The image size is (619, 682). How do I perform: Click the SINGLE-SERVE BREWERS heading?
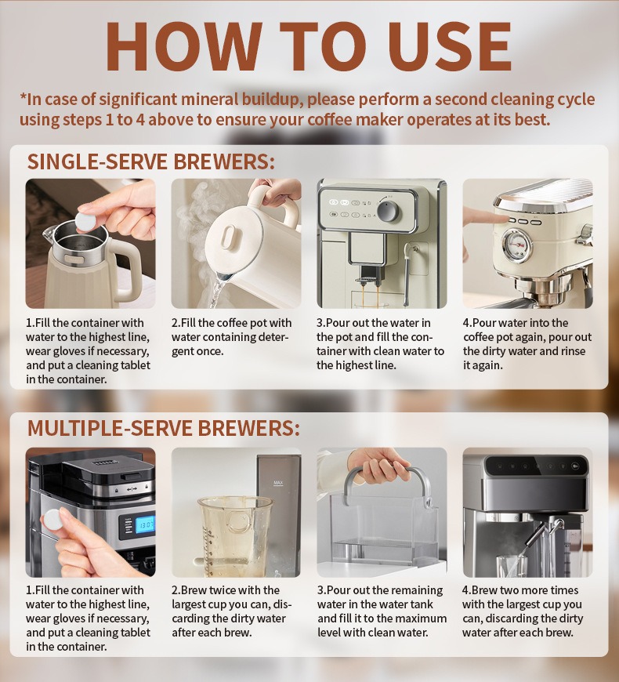click(151, 161)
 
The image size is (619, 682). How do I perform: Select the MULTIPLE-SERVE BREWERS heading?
click(164, 429)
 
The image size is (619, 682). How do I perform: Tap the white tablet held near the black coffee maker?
click(53, 521)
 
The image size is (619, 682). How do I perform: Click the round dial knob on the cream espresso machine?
click(388, 211)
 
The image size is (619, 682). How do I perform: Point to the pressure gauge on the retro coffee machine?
click(517, 245)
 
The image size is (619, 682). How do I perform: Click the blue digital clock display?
click(145, 525)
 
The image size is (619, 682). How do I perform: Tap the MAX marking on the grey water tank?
click(278, 483)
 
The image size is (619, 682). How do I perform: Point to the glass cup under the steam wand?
click(513, 565)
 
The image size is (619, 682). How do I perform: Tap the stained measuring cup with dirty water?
click(233, 536)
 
